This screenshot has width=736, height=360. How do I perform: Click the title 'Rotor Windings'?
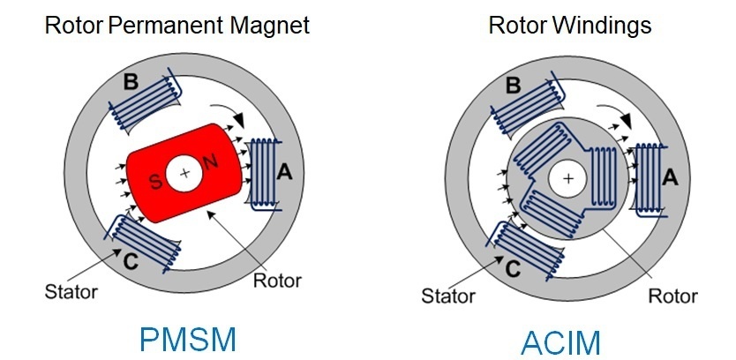[x=569, y=25]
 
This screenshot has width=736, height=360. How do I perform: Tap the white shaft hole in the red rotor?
[x=184, y=174]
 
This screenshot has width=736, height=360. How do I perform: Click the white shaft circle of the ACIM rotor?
[x=567, y=180]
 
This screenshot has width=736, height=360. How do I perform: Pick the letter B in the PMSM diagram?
[x=130, y=84]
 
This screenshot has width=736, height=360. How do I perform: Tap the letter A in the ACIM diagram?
[x=669, y=177]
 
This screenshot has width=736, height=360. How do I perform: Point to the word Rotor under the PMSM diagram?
[x=277, y=281]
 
